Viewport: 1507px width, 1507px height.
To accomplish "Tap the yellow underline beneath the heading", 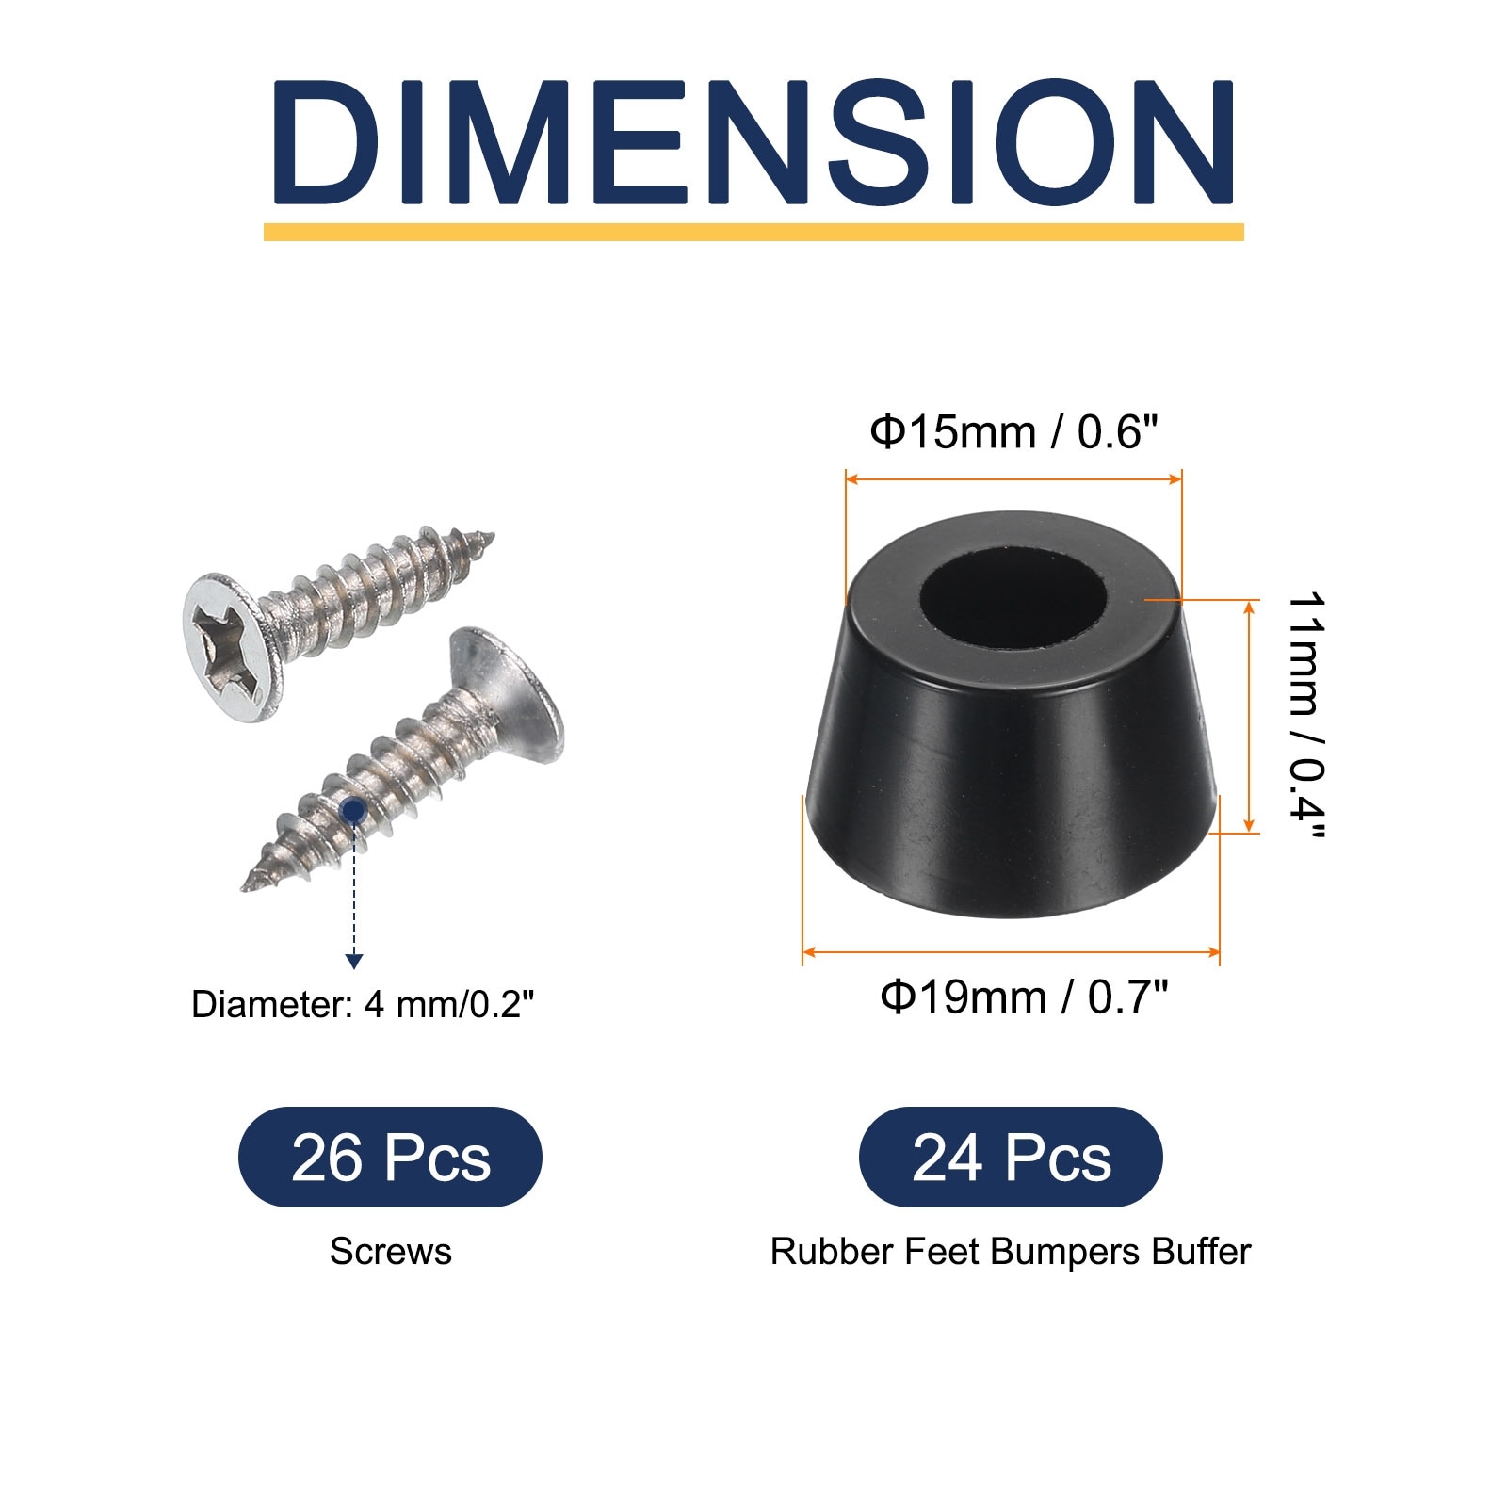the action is coord(753,232).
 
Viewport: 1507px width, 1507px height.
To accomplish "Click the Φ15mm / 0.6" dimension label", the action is coord(1013,432).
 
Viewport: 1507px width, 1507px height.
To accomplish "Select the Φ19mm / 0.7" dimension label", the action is coord(1024,997).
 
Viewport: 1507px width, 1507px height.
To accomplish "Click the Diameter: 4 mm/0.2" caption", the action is coord(363,1005).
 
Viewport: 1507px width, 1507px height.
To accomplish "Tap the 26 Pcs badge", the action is coord(390,1158).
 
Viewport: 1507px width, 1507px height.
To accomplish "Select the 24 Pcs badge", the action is coord(1011,1158).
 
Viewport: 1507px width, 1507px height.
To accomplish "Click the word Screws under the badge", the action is coord(390,1252).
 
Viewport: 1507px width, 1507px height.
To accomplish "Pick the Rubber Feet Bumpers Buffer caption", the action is coord(1011,1252).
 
